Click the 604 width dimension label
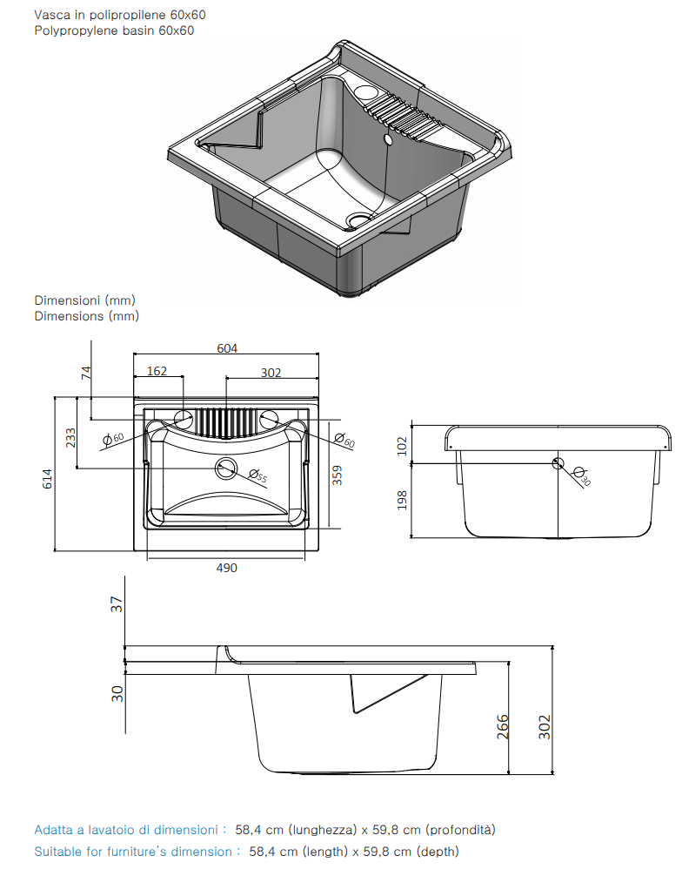point(227,348)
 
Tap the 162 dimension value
point(157,371)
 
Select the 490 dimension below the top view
point(226,568)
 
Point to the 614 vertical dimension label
point(48,479)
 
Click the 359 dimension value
point(338,475)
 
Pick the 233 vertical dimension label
point(70,438)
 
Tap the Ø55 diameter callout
point(257,475)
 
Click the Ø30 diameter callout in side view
point(582,476)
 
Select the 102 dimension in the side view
point(402,447)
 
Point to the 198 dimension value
point(402,500)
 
